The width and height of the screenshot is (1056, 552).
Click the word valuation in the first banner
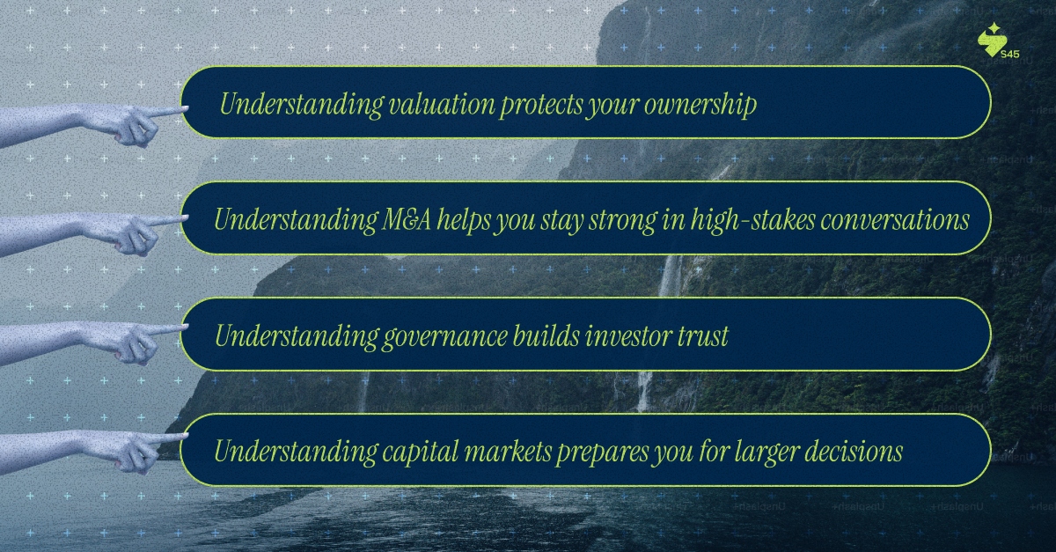coord(442,104)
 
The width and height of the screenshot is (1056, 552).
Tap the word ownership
coord(700,104)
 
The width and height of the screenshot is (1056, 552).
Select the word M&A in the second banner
coord(406,220)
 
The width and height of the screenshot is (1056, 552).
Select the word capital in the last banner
coord(420,452)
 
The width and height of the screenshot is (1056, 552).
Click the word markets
coord(509,452)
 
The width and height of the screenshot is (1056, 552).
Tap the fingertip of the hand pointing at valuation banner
coord(186,109)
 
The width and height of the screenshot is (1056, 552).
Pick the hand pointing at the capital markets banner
coord(94,452)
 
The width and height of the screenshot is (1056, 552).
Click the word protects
coord(541,105)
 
